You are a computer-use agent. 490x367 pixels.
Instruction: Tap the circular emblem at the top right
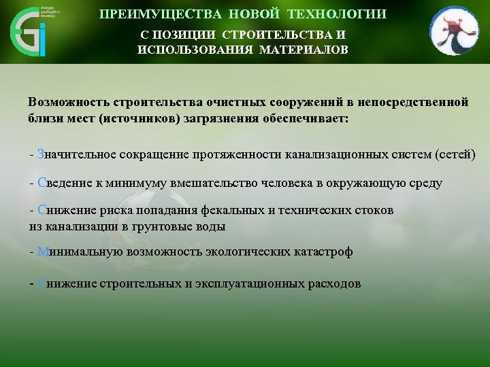click(x=454, y=31)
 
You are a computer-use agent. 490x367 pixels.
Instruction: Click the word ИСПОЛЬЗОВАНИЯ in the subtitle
click(x=189, y=50)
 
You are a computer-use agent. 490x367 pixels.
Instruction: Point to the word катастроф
click(x=319, y=251)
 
